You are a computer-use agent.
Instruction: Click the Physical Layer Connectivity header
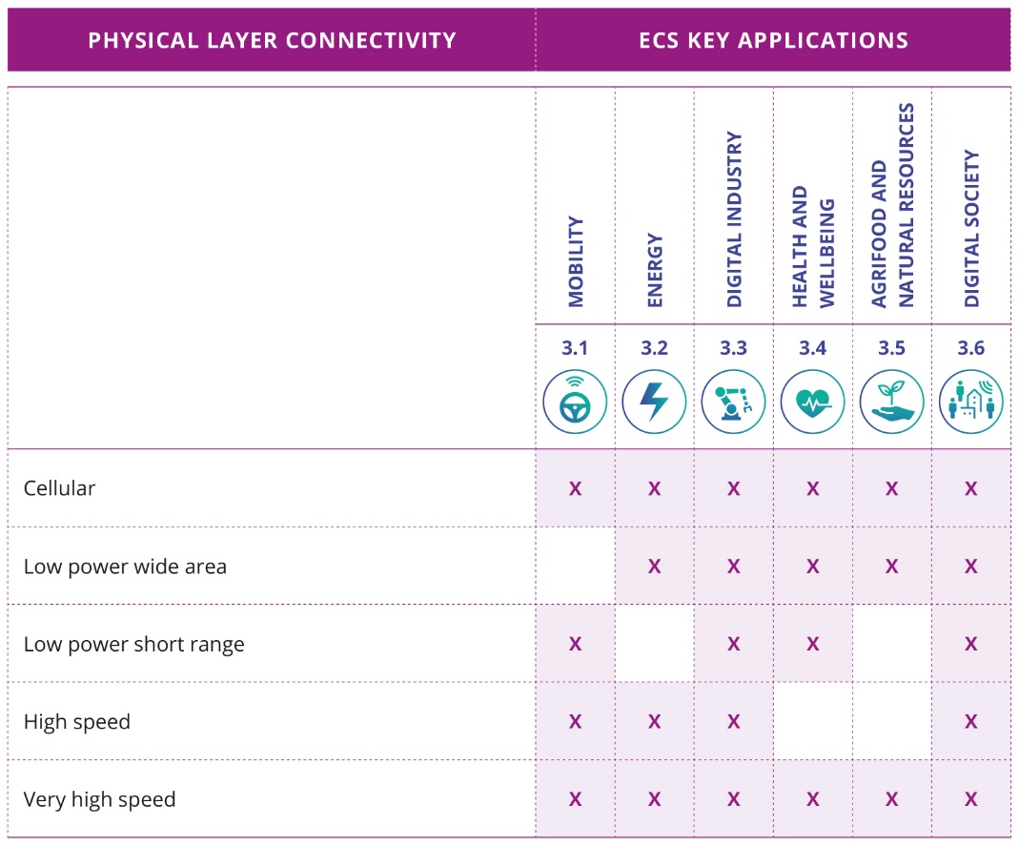click(272, 41)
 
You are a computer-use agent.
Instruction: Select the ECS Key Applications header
click(773, 41)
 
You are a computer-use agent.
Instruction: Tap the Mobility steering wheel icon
click(575, 402)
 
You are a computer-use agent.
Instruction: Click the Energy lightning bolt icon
click(654, 402)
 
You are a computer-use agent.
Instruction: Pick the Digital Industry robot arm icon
click(733, 402)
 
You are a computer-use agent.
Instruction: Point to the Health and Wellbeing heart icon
click(812, 402)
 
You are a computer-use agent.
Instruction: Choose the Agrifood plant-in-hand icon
click(891, 402)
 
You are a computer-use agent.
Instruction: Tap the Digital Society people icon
click(970, 402)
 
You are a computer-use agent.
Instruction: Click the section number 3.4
click(812, 348)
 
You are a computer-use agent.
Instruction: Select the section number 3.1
click(575, 348)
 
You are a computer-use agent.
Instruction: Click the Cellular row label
click(59, 488)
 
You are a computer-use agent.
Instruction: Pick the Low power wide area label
click(125, 567)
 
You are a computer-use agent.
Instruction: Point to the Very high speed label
click(99, 799)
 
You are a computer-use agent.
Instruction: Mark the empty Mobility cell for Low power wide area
click(575, 567)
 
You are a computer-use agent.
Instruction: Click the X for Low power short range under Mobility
click(575, 644)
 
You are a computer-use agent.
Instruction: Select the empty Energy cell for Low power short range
click(654, 644)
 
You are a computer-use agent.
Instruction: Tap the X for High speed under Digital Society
click(970, 722)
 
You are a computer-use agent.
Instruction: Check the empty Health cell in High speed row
click(812, 722)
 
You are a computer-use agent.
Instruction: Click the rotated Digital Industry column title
click(733, 219)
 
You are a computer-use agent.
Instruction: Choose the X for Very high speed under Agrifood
click(891, 799)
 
